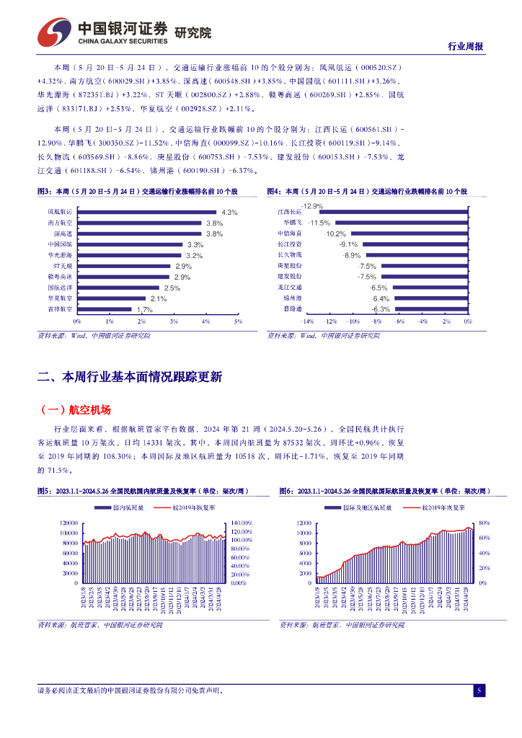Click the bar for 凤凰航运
146,213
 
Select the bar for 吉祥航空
104,309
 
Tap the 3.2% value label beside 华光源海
194,256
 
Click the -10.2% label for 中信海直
335,234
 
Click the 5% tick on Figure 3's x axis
238,321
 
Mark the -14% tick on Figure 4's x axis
306,321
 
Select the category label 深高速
63,234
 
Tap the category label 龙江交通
290,288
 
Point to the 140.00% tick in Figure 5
240,523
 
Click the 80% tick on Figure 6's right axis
485,523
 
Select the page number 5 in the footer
478,691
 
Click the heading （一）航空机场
75,410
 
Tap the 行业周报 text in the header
465,46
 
